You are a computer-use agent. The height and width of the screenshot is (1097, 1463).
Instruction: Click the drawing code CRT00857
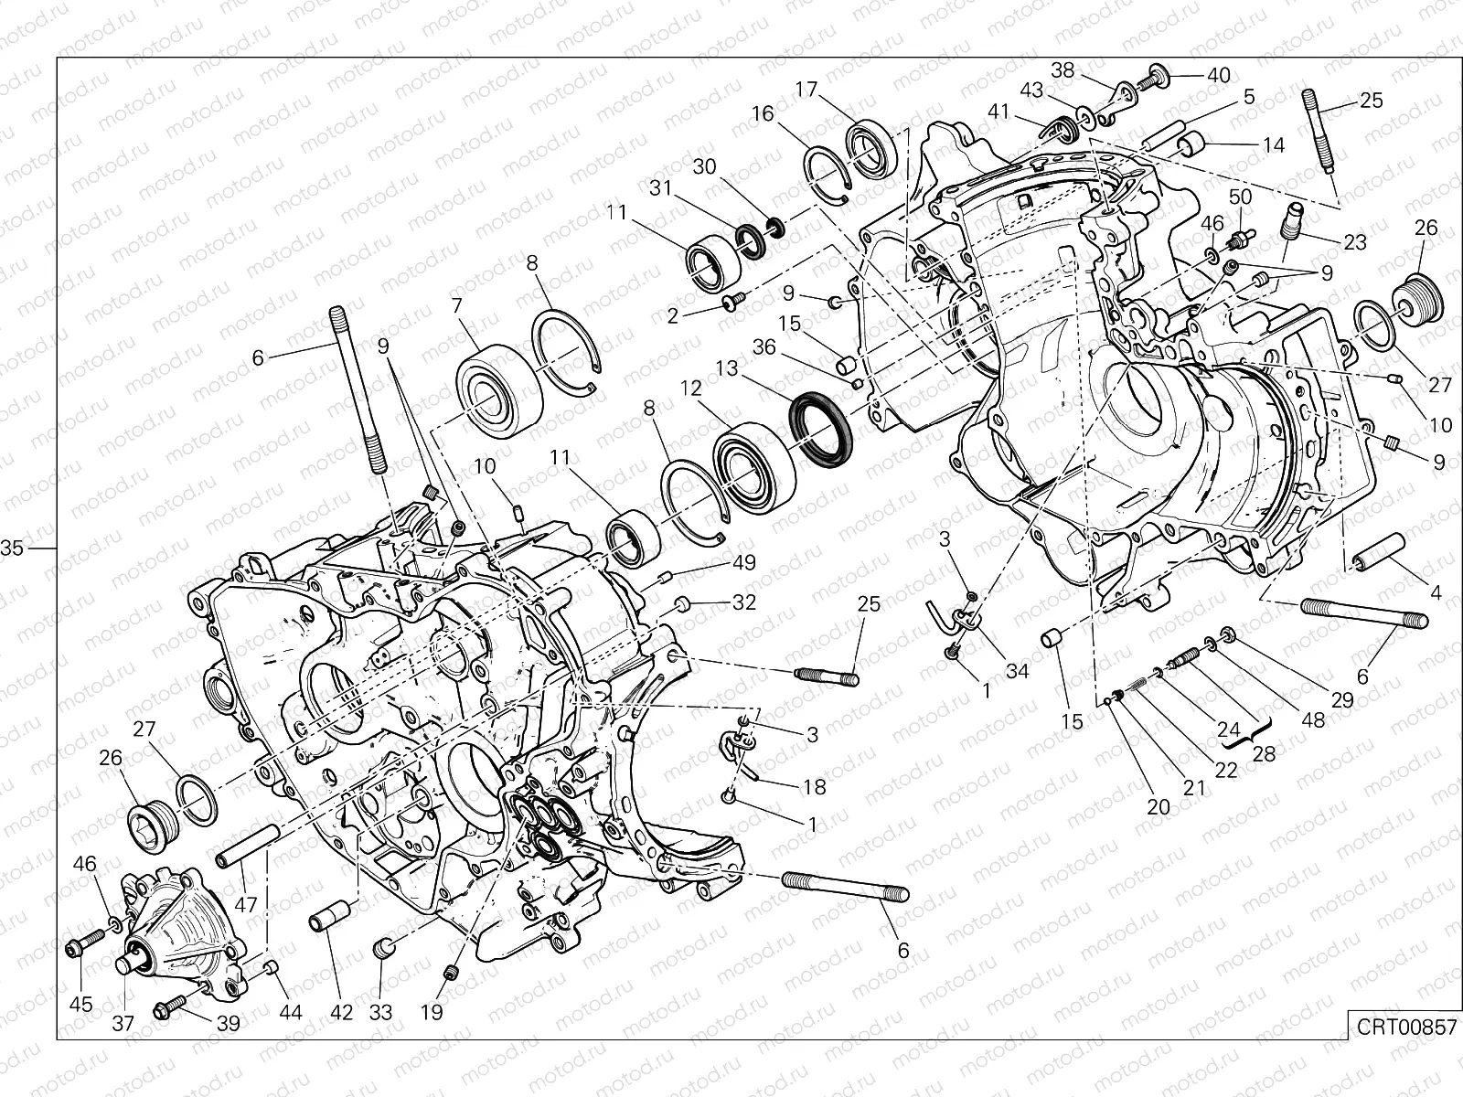(1405, 1027)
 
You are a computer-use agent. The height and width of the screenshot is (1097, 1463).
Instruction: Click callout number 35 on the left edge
(12, 548)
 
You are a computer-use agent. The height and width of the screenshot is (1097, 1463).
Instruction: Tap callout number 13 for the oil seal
(726, 368)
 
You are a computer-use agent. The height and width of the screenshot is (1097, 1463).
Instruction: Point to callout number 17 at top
(806, 90)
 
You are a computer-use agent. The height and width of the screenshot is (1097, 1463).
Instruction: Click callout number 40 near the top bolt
(1218, 75)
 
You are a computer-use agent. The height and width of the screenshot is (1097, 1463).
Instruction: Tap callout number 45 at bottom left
(81, 1004)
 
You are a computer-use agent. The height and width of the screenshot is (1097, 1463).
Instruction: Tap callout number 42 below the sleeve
(341, 1012)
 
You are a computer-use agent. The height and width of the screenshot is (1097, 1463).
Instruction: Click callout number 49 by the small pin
(744, 562)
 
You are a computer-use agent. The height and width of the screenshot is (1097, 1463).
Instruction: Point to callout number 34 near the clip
(1017, 671)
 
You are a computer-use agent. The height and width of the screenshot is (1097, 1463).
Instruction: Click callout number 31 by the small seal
(692, 188)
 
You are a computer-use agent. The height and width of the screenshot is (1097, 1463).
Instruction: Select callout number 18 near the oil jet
(813, 786)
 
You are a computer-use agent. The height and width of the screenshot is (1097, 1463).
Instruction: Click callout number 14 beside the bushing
(1273, 144)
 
